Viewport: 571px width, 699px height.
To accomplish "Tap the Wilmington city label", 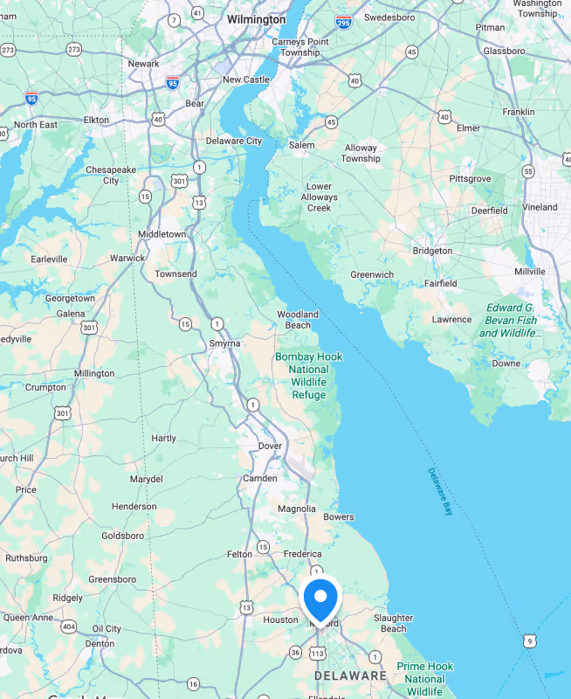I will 256,19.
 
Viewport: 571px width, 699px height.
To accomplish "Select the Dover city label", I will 270,446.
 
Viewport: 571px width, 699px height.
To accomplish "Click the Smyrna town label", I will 224,343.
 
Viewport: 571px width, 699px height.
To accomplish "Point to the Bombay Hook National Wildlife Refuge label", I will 308,376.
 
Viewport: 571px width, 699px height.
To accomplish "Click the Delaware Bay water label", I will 440,492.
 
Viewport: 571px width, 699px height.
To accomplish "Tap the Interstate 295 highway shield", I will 343,22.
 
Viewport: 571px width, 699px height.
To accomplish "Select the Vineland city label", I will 540,207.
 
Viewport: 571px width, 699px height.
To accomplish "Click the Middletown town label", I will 162,234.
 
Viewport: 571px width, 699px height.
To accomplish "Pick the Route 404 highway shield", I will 68,626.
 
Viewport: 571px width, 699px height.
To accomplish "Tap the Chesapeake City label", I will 111,175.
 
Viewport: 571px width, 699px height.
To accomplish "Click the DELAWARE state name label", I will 350,675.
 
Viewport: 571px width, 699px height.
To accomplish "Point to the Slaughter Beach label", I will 393,623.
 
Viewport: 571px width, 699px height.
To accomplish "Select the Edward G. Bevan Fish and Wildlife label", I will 511,320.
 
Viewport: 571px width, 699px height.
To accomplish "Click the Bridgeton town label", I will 432,251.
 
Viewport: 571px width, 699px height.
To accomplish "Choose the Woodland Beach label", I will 298,320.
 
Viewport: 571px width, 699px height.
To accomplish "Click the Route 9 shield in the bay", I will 529,641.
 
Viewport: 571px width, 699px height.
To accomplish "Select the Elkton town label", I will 96,120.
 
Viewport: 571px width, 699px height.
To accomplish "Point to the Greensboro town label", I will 112,579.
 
